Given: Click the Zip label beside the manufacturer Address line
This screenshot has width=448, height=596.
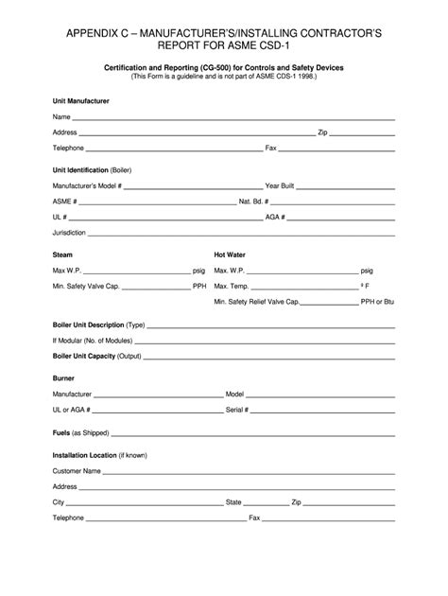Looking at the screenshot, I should (x=322, y=132).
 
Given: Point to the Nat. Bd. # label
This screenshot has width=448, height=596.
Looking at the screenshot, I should (x=253, y=202).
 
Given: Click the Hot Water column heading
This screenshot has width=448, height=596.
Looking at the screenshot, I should (x=230, y=254).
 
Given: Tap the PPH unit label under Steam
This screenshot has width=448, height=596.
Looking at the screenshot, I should (x=199, y=285).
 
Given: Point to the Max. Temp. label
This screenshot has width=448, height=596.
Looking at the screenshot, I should (x=232, y=285).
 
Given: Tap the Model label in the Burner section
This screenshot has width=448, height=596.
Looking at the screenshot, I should (x=235, y=394).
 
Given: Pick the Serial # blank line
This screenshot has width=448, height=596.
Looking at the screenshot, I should (x=322, y=412).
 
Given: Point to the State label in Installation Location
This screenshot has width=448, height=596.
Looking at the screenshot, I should (x=233, y=501).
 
